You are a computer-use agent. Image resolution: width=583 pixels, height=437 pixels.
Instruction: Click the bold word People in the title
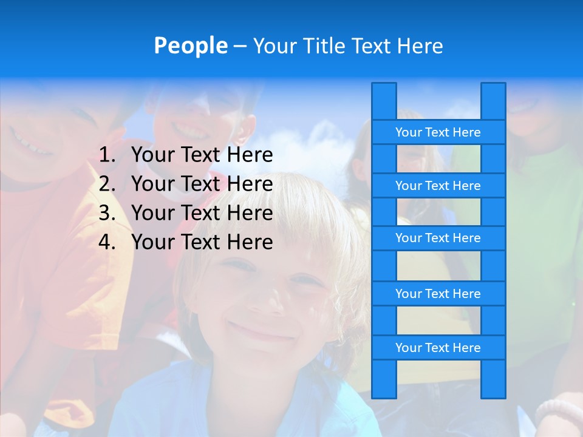point(190,46)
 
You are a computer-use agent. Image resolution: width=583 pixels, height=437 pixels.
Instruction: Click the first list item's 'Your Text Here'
point(202,155)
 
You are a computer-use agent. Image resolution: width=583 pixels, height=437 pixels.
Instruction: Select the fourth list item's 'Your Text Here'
point(202,242)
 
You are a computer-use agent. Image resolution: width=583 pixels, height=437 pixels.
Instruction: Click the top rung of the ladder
point(438,132)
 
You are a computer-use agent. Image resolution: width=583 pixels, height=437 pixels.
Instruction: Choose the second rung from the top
point(438,186)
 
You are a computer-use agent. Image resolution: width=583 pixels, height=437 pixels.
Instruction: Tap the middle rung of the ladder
point(438,238)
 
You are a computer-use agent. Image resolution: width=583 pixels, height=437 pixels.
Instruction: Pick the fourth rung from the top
point(438,294)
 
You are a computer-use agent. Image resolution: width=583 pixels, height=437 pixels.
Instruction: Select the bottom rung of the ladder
point(438,348)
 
